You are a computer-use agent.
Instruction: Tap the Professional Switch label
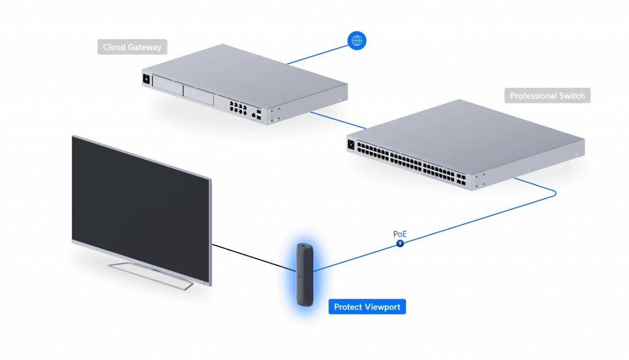click(x=547, y=96)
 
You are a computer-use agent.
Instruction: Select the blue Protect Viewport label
click(x=367, y=307)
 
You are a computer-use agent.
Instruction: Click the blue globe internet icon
click(x=357, y=41)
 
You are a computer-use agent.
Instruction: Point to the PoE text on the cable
click(x=399, y=234)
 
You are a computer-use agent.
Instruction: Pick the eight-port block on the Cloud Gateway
click(x=236, y=109)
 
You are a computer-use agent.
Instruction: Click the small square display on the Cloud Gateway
click(x=147, y=78)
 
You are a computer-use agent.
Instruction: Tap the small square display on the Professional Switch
click(x=351, y=145)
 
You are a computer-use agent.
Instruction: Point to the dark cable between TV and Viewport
click(x=252, y=257)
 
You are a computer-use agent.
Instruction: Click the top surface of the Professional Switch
click(x=467, y=132)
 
